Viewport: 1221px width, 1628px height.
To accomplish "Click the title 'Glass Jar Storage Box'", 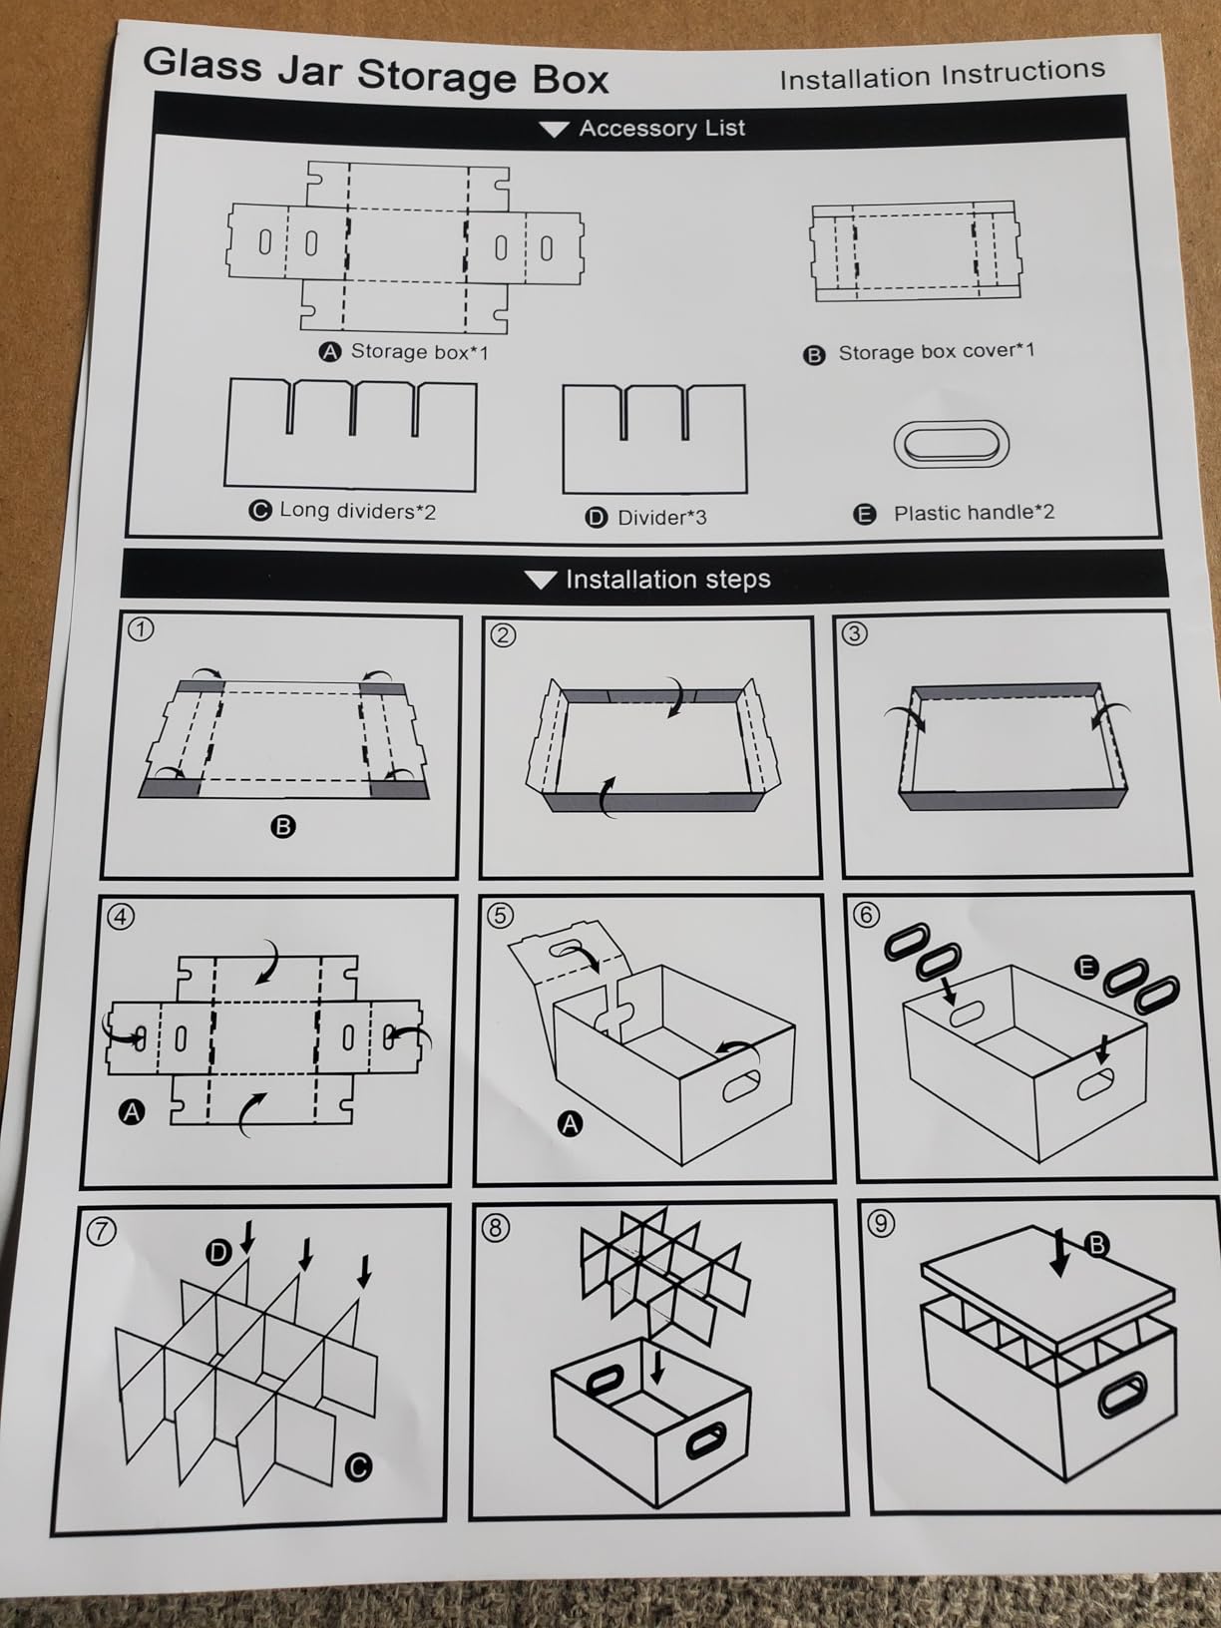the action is click(x=376, y=72).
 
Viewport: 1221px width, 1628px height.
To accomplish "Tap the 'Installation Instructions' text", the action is click(x=943, y=74).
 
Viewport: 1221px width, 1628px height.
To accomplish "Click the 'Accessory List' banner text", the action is click(x=662, y=129).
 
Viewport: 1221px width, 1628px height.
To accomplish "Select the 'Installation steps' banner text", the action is click(x=668, y=580).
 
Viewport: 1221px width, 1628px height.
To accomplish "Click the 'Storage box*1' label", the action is click(x=420, y=351).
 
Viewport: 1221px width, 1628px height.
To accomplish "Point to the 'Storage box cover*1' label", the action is click(x=937, y=351).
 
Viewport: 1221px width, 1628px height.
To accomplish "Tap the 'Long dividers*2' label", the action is click(x=357, y=511).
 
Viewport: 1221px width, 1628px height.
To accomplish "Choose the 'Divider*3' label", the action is click(x=662, y=517).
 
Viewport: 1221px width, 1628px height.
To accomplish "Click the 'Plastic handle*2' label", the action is click(x=974, y=513).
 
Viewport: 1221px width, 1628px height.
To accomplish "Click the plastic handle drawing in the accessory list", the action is click(x=951, y=444).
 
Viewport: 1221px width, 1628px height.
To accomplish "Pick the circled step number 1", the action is click(x=141, y=629).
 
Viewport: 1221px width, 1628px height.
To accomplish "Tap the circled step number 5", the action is click(x=500, y=915).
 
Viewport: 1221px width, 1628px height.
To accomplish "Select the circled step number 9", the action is click(x=880, y=1222).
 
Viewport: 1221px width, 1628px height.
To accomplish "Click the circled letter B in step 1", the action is click(x=283, y=827).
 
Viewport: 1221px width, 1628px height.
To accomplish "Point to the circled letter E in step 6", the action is click(x=1086, y=967).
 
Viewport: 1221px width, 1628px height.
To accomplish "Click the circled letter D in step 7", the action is click(x=217, y=1253).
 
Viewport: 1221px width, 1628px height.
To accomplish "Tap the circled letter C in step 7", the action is click(x=359, y=1466).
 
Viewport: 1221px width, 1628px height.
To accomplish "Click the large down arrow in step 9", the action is click(x=1060, y=1253).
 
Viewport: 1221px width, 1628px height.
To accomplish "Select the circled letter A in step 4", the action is click(x=132, y=1112).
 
